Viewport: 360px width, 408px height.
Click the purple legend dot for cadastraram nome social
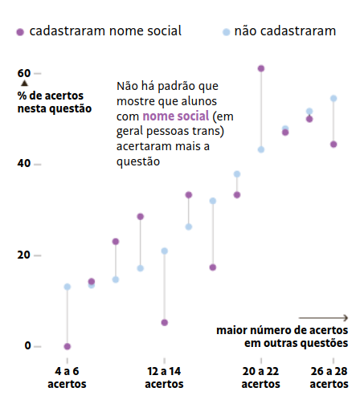tap(19, 32)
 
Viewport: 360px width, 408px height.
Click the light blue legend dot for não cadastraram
tap(226, 32)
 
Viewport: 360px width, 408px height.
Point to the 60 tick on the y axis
tap(24, 73)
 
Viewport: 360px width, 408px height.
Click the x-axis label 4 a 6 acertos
tap(67, 377)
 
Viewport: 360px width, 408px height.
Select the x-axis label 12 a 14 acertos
tap(164, 377)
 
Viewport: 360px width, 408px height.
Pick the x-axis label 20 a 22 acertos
tap(261, 377)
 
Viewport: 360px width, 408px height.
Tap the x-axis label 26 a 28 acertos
tap(329, 377)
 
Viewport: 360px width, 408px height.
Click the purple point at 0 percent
tap(67, 346)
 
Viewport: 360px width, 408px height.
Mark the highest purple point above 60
tap(261, 68)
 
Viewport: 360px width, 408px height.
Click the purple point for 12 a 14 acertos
tap(164, 322)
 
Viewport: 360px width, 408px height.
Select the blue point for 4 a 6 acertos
tap(67, 287)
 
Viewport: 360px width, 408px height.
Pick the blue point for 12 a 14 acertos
tap(164, 251)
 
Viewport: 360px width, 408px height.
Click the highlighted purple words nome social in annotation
tap(171, 117)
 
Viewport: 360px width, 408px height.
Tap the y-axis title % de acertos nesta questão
tap(53, 102)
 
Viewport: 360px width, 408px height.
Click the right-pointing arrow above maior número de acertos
tap(324, 317)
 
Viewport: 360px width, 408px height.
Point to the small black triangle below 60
tap(24, 84)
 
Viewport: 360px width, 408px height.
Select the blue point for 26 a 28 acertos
tap(333, 99)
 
